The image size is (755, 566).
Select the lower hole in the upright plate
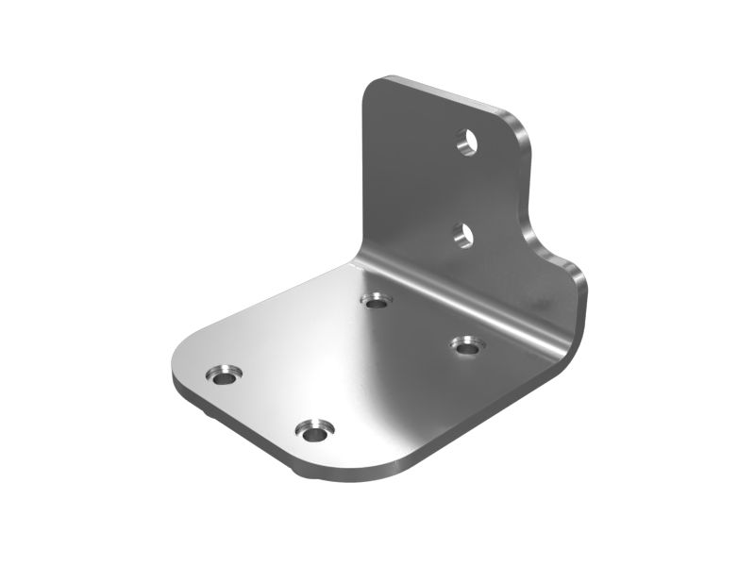[x=461, y=235]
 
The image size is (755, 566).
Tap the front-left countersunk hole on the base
[x=224, y=375]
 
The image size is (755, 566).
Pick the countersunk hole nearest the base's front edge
[x=313, y=432]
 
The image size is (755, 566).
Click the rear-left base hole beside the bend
[x=377, y=301]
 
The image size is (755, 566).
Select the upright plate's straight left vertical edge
[x=362, y=170]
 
